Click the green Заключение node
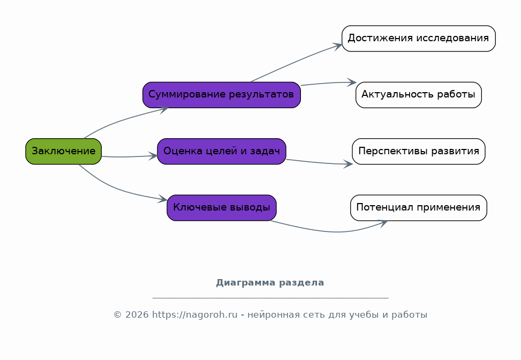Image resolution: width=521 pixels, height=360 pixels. (64, 151)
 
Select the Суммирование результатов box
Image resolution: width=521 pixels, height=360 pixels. (222, 95)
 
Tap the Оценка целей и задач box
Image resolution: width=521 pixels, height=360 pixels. (222, 151)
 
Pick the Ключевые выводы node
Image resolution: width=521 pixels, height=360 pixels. (222, 208)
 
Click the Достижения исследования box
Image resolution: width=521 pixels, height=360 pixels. (419, 39)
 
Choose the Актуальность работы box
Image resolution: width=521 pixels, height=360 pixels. (419, 95)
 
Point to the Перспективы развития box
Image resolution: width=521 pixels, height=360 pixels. (419, 151)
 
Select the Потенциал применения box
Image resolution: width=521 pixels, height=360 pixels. (419, 208)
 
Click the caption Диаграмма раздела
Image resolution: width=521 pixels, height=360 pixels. (270, 283)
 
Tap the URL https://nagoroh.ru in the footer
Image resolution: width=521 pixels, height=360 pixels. (195, 315)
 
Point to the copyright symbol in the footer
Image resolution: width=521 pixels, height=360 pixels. (118, 315)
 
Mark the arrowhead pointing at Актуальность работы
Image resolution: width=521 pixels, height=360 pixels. (352, 82)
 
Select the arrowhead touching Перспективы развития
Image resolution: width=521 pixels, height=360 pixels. (348, 164)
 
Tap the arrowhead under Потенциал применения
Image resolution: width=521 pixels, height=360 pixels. (383, 222)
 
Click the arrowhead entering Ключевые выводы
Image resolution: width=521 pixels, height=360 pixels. (163, 199)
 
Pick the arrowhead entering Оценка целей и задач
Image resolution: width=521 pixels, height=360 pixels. (153, 156)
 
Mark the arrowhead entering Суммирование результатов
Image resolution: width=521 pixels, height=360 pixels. (164, 109)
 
